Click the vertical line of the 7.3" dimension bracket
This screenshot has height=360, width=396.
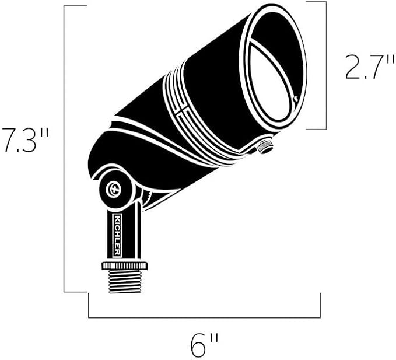[64, 146]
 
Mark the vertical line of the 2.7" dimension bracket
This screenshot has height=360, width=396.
[325, 64]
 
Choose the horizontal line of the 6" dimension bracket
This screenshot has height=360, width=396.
[204, 317]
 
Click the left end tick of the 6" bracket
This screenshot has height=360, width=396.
[89, 306]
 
